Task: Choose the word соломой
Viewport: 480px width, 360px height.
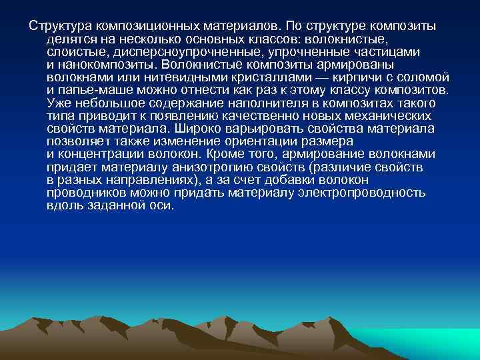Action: [427, 77]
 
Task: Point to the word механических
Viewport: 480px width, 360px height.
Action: [379, 116]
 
